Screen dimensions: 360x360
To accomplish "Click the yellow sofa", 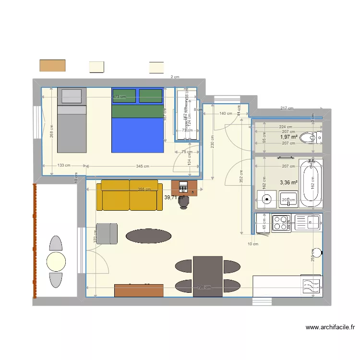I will pyautogui.click(x=129, y=195).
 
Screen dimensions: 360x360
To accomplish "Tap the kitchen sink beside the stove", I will pyautogui.click(x=307, y=221).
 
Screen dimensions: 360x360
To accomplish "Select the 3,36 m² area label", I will pyautogui.click(x=288, y=182).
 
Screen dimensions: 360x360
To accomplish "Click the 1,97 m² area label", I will pyautogui.click(x=289, y=137).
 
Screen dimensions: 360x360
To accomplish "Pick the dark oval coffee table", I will pyautogui.click(x=148, y=236).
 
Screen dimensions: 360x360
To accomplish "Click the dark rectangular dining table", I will pyautogui.click(x=208, y=276).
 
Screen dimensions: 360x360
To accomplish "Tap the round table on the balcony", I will pyautogui.click(x=56, y=261).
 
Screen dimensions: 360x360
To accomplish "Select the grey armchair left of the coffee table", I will pyautogui.click(x=107, y=234).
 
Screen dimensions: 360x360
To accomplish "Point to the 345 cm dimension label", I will pyautogui.click(x=142, y=166).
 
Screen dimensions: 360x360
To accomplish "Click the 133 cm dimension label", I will pyautogui.click(x=64, y=166).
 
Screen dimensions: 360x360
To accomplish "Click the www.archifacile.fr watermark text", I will pyautogui.click(x=330, y=328).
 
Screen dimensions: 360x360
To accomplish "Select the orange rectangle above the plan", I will pyautogui.click(x=52, y=65).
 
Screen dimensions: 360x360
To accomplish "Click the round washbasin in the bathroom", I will pyautogui.click(x=266, y=198).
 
